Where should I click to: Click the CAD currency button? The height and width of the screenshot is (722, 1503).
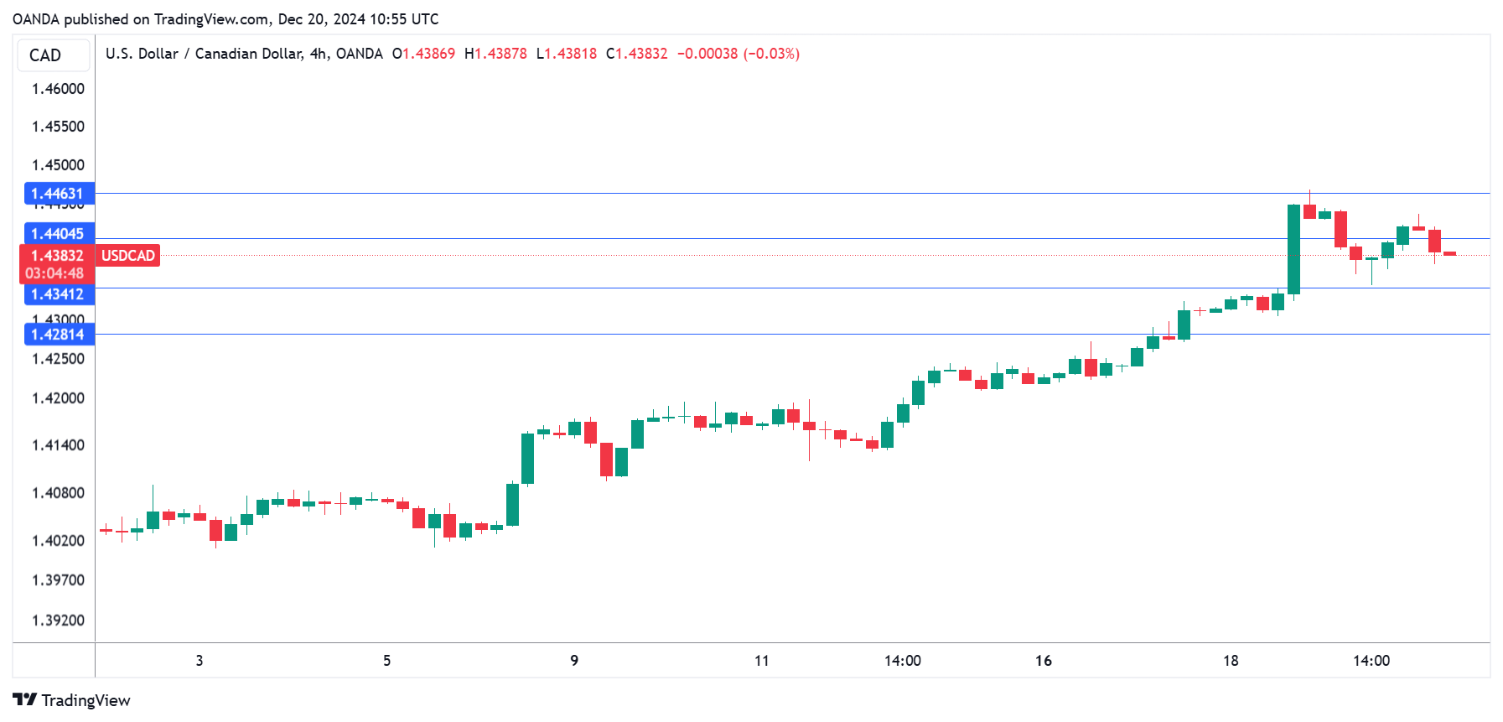53,55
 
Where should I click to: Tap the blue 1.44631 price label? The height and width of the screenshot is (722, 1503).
58,194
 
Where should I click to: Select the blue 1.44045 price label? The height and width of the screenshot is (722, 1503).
58,234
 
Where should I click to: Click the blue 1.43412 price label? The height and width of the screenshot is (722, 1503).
58,294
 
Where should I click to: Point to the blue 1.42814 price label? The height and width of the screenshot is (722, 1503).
58,335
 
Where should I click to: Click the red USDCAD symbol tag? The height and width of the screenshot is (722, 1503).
128,256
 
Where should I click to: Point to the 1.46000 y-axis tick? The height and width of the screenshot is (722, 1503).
58,89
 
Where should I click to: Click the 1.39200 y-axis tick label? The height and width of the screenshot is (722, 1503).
58,621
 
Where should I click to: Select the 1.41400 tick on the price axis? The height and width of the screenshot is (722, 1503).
58,445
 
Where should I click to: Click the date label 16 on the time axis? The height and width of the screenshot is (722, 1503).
1043,661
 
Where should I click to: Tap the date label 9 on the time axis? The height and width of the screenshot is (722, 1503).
574,661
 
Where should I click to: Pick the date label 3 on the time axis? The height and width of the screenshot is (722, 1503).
200,661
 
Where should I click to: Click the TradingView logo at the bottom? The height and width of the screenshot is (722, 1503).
72,700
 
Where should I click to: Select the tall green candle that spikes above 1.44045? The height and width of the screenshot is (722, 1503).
1293,250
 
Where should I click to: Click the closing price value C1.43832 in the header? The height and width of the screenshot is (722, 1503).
637,54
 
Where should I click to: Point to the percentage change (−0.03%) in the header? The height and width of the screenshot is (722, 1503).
771,54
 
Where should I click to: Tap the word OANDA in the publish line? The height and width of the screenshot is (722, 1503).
35,18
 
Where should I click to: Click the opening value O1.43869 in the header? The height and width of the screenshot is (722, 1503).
423,54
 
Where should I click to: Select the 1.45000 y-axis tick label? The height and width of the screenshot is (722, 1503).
58,165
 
